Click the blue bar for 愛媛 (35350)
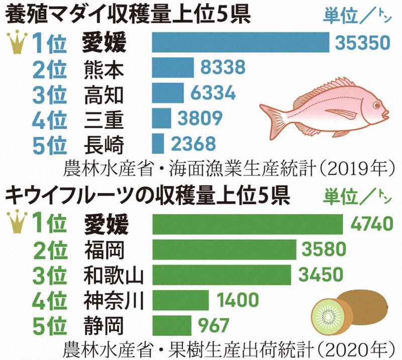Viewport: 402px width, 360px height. click(240, 42)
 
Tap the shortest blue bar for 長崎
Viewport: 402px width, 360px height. click(158, 143)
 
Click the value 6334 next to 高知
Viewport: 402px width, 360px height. click(214, 93)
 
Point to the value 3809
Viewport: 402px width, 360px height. click(200, 118)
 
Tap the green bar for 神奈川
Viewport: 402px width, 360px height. click(180, 301)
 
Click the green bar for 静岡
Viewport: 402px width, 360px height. click(171, 324)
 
